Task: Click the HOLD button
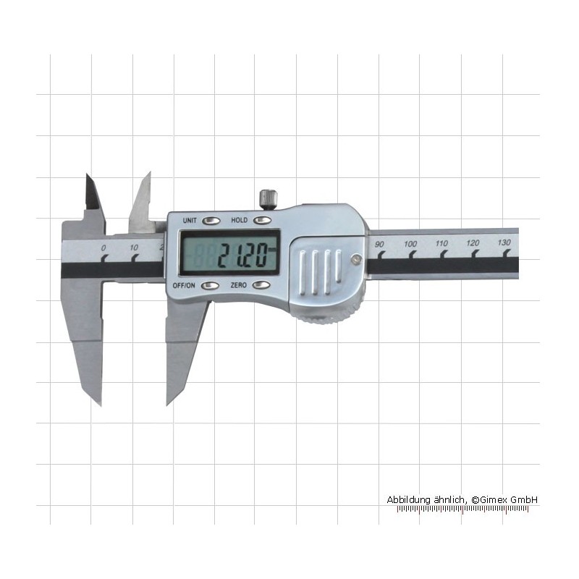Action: click(262, 221)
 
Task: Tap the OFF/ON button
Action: click(210, 285)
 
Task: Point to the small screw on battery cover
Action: click(355, 260)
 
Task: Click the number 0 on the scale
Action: click(103, 248)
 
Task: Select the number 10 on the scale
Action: click(134, 248)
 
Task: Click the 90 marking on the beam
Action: click(379, 245)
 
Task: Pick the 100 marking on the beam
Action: click(410, 244)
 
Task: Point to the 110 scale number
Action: click(441, 243)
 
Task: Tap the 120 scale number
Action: click(473, 243)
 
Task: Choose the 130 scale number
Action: click(504, 242)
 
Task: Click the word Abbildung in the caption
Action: click(407, 500)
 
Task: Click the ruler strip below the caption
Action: click(462, 509)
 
